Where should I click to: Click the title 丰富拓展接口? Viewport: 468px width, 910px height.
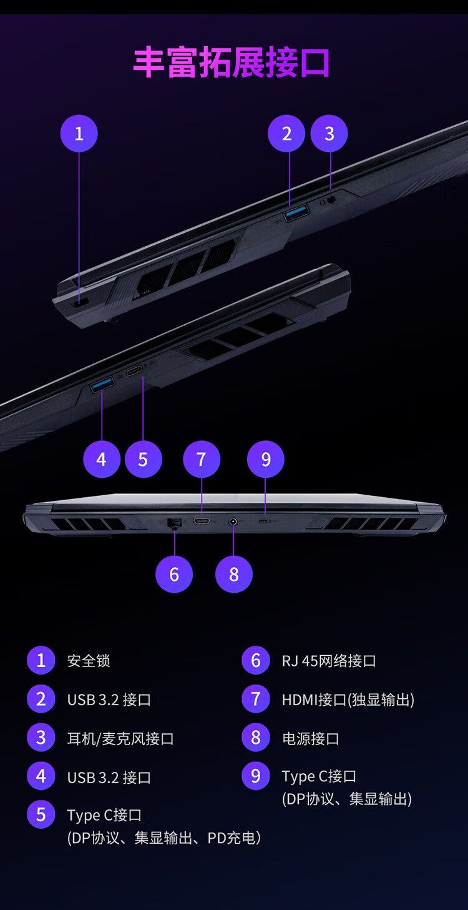click(232, 62)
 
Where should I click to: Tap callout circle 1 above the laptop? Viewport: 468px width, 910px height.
click(79, 134)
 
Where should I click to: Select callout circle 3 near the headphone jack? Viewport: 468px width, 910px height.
click(329, 134)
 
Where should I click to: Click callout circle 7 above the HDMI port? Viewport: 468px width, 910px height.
click(202, 460)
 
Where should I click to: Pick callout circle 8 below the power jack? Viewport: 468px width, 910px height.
click(234, 575)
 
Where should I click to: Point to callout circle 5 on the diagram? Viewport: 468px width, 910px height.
click(144, 460)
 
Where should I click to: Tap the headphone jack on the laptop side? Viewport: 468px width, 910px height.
click(331, 199)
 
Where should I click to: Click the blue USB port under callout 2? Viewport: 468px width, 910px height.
click(296, 213)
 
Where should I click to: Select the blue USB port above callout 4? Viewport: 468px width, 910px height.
click(102, 384)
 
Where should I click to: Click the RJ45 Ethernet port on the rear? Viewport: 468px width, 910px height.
click(174, 523)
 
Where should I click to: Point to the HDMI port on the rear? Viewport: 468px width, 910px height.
click(202, 521)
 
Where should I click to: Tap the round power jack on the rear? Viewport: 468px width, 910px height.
click(233, 522)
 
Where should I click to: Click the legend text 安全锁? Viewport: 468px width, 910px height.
click(89, 661)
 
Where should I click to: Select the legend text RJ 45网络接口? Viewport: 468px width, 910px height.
click(329, 661)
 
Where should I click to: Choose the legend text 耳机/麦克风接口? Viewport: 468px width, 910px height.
click(120, 739)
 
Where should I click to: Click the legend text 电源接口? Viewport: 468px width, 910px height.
click(311, 739)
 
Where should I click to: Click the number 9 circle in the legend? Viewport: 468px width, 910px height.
click(256, 776)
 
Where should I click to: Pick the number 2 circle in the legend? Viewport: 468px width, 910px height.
click(41, 699)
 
